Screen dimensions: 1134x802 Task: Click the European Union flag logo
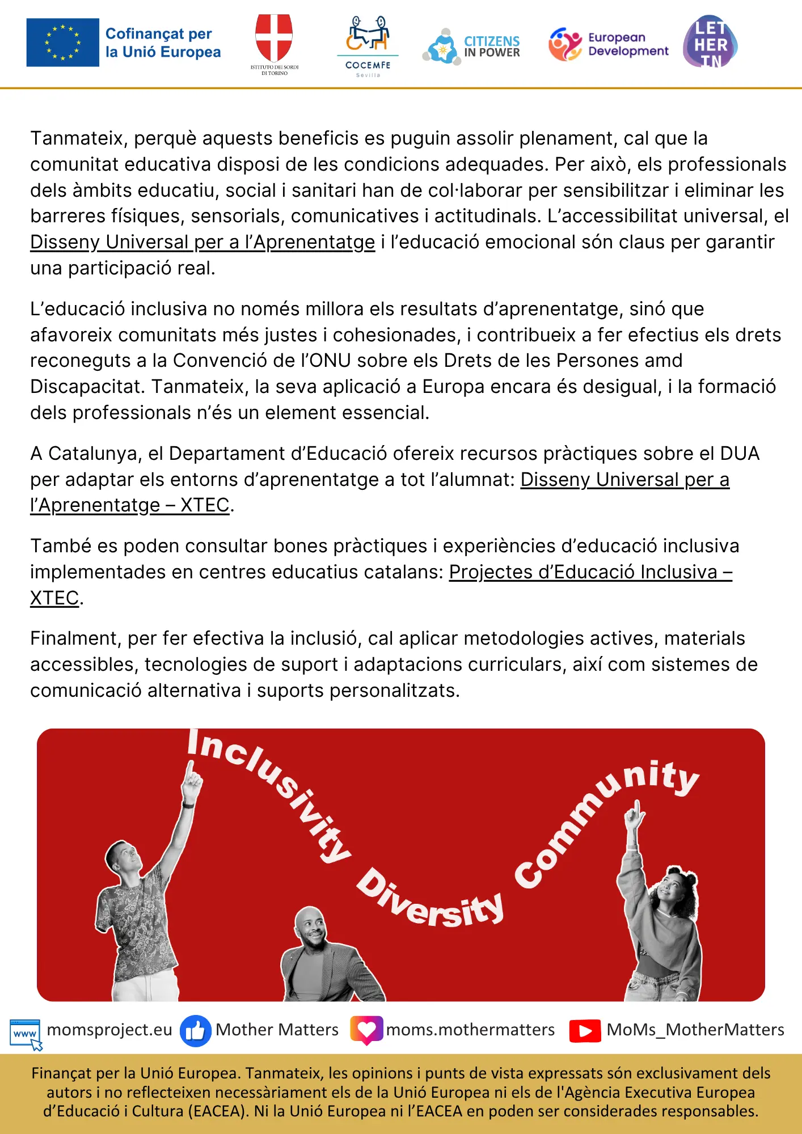coord(62,43)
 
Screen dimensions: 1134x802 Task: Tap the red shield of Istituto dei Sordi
coord(274,37)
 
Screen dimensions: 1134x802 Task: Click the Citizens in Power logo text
coord(492,46)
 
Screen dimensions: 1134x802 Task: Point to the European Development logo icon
coord(565,44)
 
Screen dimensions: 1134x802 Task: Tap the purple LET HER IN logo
coord(710,43)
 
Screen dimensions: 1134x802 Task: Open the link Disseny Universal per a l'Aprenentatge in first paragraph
coord(202,242)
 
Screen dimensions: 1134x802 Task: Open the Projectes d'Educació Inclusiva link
coord(590,572)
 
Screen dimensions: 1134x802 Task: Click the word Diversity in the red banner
coord(431,902)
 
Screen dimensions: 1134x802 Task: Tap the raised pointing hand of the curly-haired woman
coord(635,816)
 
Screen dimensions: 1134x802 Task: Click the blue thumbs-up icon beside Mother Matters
coord(195,1030)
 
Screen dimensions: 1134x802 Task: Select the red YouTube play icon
coord(585,1031)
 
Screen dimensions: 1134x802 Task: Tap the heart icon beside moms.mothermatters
coord(366,1029)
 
